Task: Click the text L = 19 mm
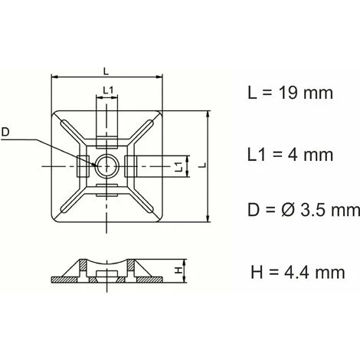tap(290, 93)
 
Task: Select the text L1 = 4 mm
tap(290, 155)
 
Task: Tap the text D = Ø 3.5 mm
tap(303, 210)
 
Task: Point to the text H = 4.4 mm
tap(298, 272)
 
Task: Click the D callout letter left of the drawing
tap(5, 133)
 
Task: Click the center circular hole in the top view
tap(106, 165)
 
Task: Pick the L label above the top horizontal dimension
tap(106, 71)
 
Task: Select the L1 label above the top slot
tap(108, 90)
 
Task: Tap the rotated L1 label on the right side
tap(179, 166)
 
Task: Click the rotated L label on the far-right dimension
tap(202, 165)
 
